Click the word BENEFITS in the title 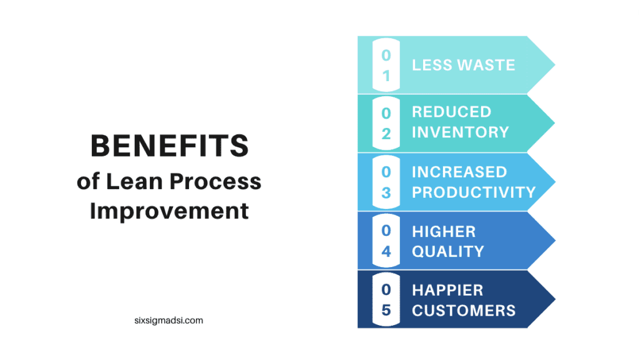pos(170,146)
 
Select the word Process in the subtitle pos(215,182)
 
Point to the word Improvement pos(169,211)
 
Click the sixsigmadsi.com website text pos(168,321)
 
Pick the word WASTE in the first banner pos(486,65)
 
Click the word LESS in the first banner pos(431,65)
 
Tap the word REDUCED pos(452,112)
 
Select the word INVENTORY pos(461,132)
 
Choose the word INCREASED pos(459,172)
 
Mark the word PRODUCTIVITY pos(474,192)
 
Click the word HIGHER pos(444,231)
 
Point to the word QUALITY pos(448,251)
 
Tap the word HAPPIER pos(447,290)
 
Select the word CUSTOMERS pos(464,311)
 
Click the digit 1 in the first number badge pos(386,76)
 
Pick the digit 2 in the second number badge pos(386,134)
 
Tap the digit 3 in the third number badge pos(386,193)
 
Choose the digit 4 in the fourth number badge pos(386,251)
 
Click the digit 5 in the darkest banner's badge pos(386,310)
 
